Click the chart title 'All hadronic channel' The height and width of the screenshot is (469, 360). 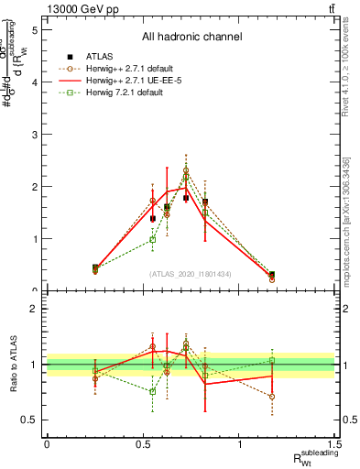[x=191, y=38]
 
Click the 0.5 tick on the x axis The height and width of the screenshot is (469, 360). [x=143, y=444]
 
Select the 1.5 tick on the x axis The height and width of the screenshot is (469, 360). [x=336, y=444]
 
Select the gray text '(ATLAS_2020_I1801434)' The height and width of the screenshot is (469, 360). [x=191, y=273]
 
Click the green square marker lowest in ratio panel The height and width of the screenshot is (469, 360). [x=153, y=391]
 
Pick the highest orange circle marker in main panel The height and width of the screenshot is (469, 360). [x=186, y=170]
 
